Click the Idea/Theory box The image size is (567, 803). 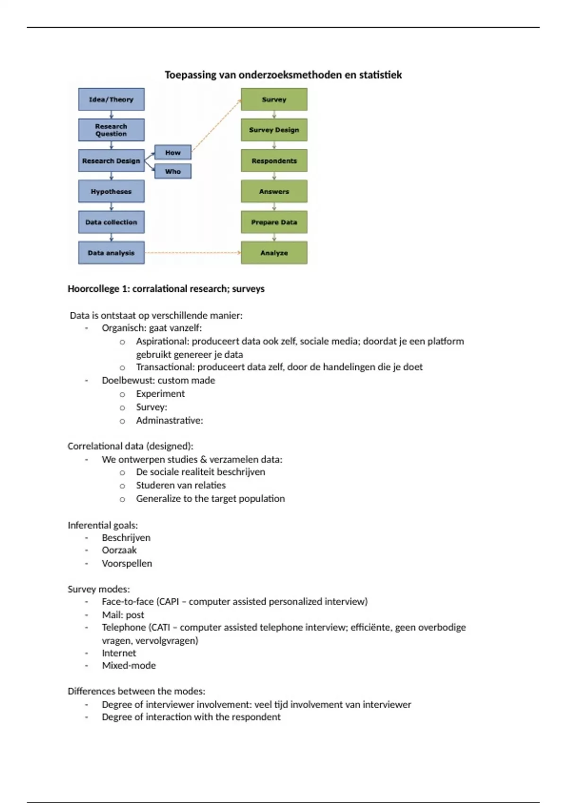[x=111, y=99]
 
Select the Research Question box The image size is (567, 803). [x=111, y=130]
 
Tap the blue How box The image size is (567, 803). [x=172, y=153]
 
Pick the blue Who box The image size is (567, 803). [x=172, y=171]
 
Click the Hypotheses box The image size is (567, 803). [x=111, y=191]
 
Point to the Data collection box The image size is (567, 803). [x=111, y=222]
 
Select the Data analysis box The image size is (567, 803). [x=111, y=253]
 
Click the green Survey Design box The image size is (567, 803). [x=274, y=130]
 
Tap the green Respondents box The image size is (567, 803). [x=274, y=161]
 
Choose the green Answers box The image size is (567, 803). [x=274, y=191]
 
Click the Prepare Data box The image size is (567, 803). [x=274, y=222]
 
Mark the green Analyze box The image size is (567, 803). [x=274, y=253]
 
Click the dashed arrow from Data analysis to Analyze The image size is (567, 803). [x=192, y=253]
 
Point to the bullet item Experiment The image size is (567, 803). [x=160, y=393]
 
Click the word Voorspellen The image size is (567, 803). [x=127, y=563]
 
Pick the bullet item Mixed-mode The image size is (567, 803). [x=129, y=665]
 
